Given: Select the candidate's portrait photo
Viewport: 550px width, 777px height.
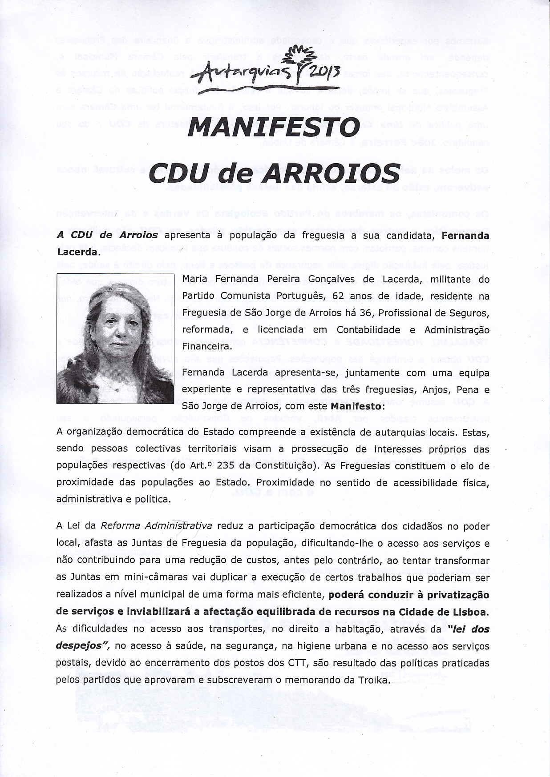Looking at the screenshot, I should point(115,339).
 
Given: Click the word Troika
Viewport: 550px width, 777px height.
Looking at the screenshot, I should point(374,680).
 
